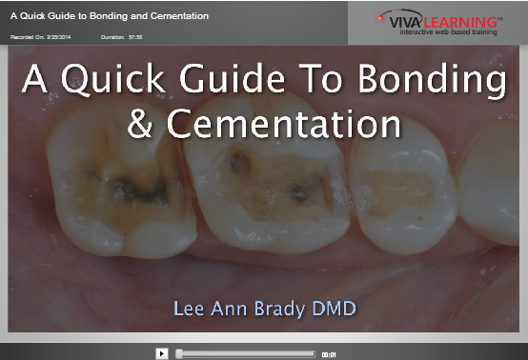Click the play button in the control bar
click(162, 352)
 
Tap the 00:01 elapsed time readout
click(329, 353)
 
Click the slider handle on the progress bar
click(179, 352)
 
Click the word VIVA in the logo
click(398, 17)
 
